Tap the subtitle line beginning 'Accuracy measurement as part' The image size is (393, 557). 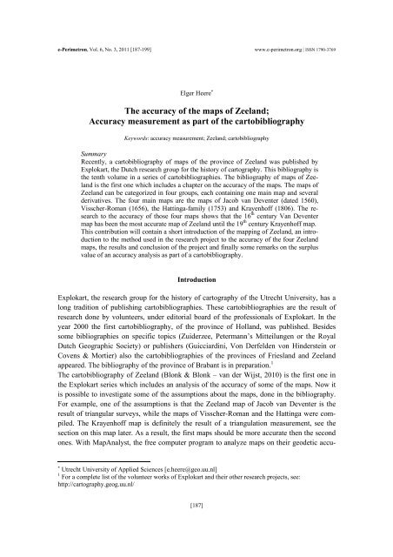196,116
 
